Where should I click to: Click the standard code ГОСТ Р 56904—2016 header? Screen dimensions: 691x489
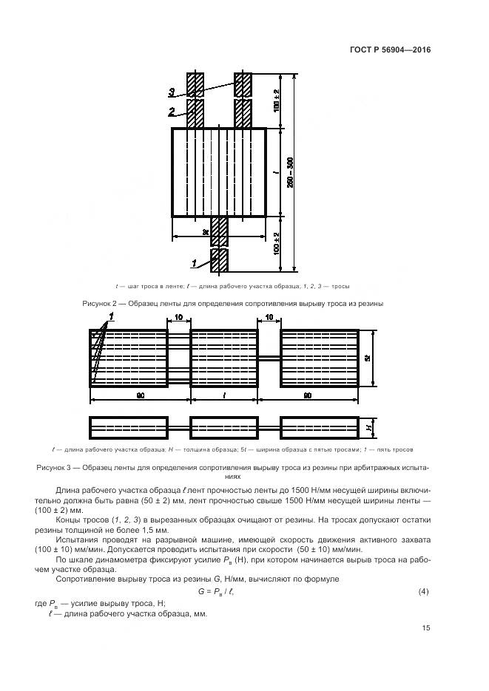[x=390, y=50]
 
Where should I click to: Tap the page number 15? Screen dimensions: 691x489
[x=425, y=628]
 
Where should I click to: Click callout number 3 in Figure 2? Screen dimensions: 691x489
[x=171, y=92]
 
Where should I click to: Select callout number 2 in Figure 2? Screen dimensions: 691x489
[x=171, y=112]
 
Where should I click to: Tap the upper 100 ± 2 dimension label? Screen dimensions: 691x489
[x=277, y=101]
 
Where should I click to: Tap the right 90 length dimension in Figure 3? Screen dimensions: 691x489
[x=320, y=396]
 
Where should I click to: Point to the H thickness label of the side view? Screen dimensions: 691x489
[x=368, y=428]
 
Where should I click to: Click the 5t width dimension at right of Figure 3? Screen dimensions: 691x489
[x=368, y=357]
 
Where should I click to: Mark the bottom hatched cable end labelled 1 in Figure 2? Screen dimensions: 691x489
[x=219, y=261]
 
